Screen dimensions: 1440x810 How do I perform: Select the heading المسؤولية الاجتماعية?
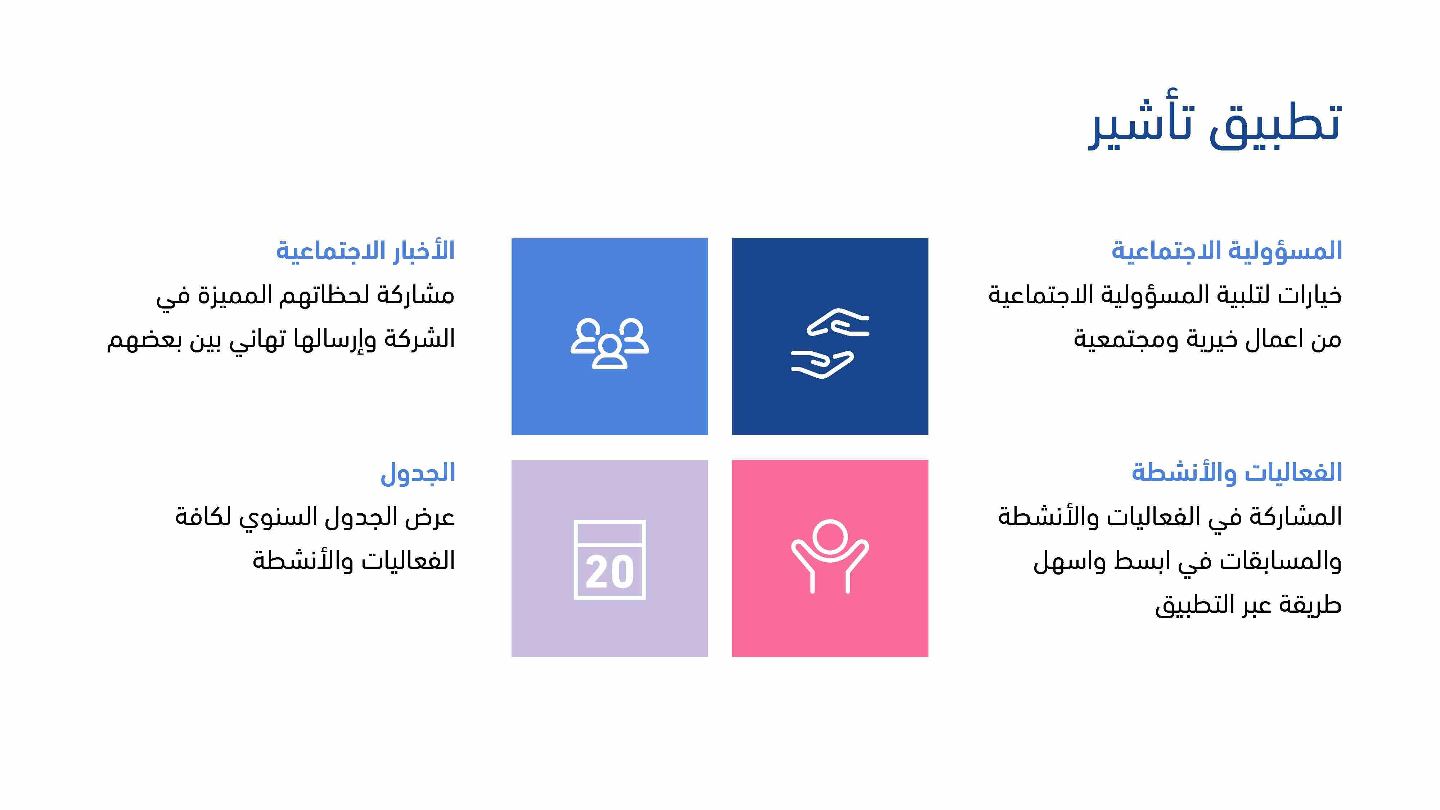[1227, 251]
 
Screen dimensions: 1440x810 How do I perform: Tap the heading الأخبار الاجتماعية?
[366, 251]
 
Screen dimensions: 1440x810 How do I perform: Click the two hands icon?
[830, 343]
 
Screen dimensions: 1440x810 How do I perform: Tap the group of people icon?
[609, 343]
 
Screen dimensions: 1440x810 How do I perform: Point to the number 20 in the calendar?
[610, 572]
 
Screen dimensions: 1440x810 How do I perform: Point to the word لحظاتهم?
[324, 295]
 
